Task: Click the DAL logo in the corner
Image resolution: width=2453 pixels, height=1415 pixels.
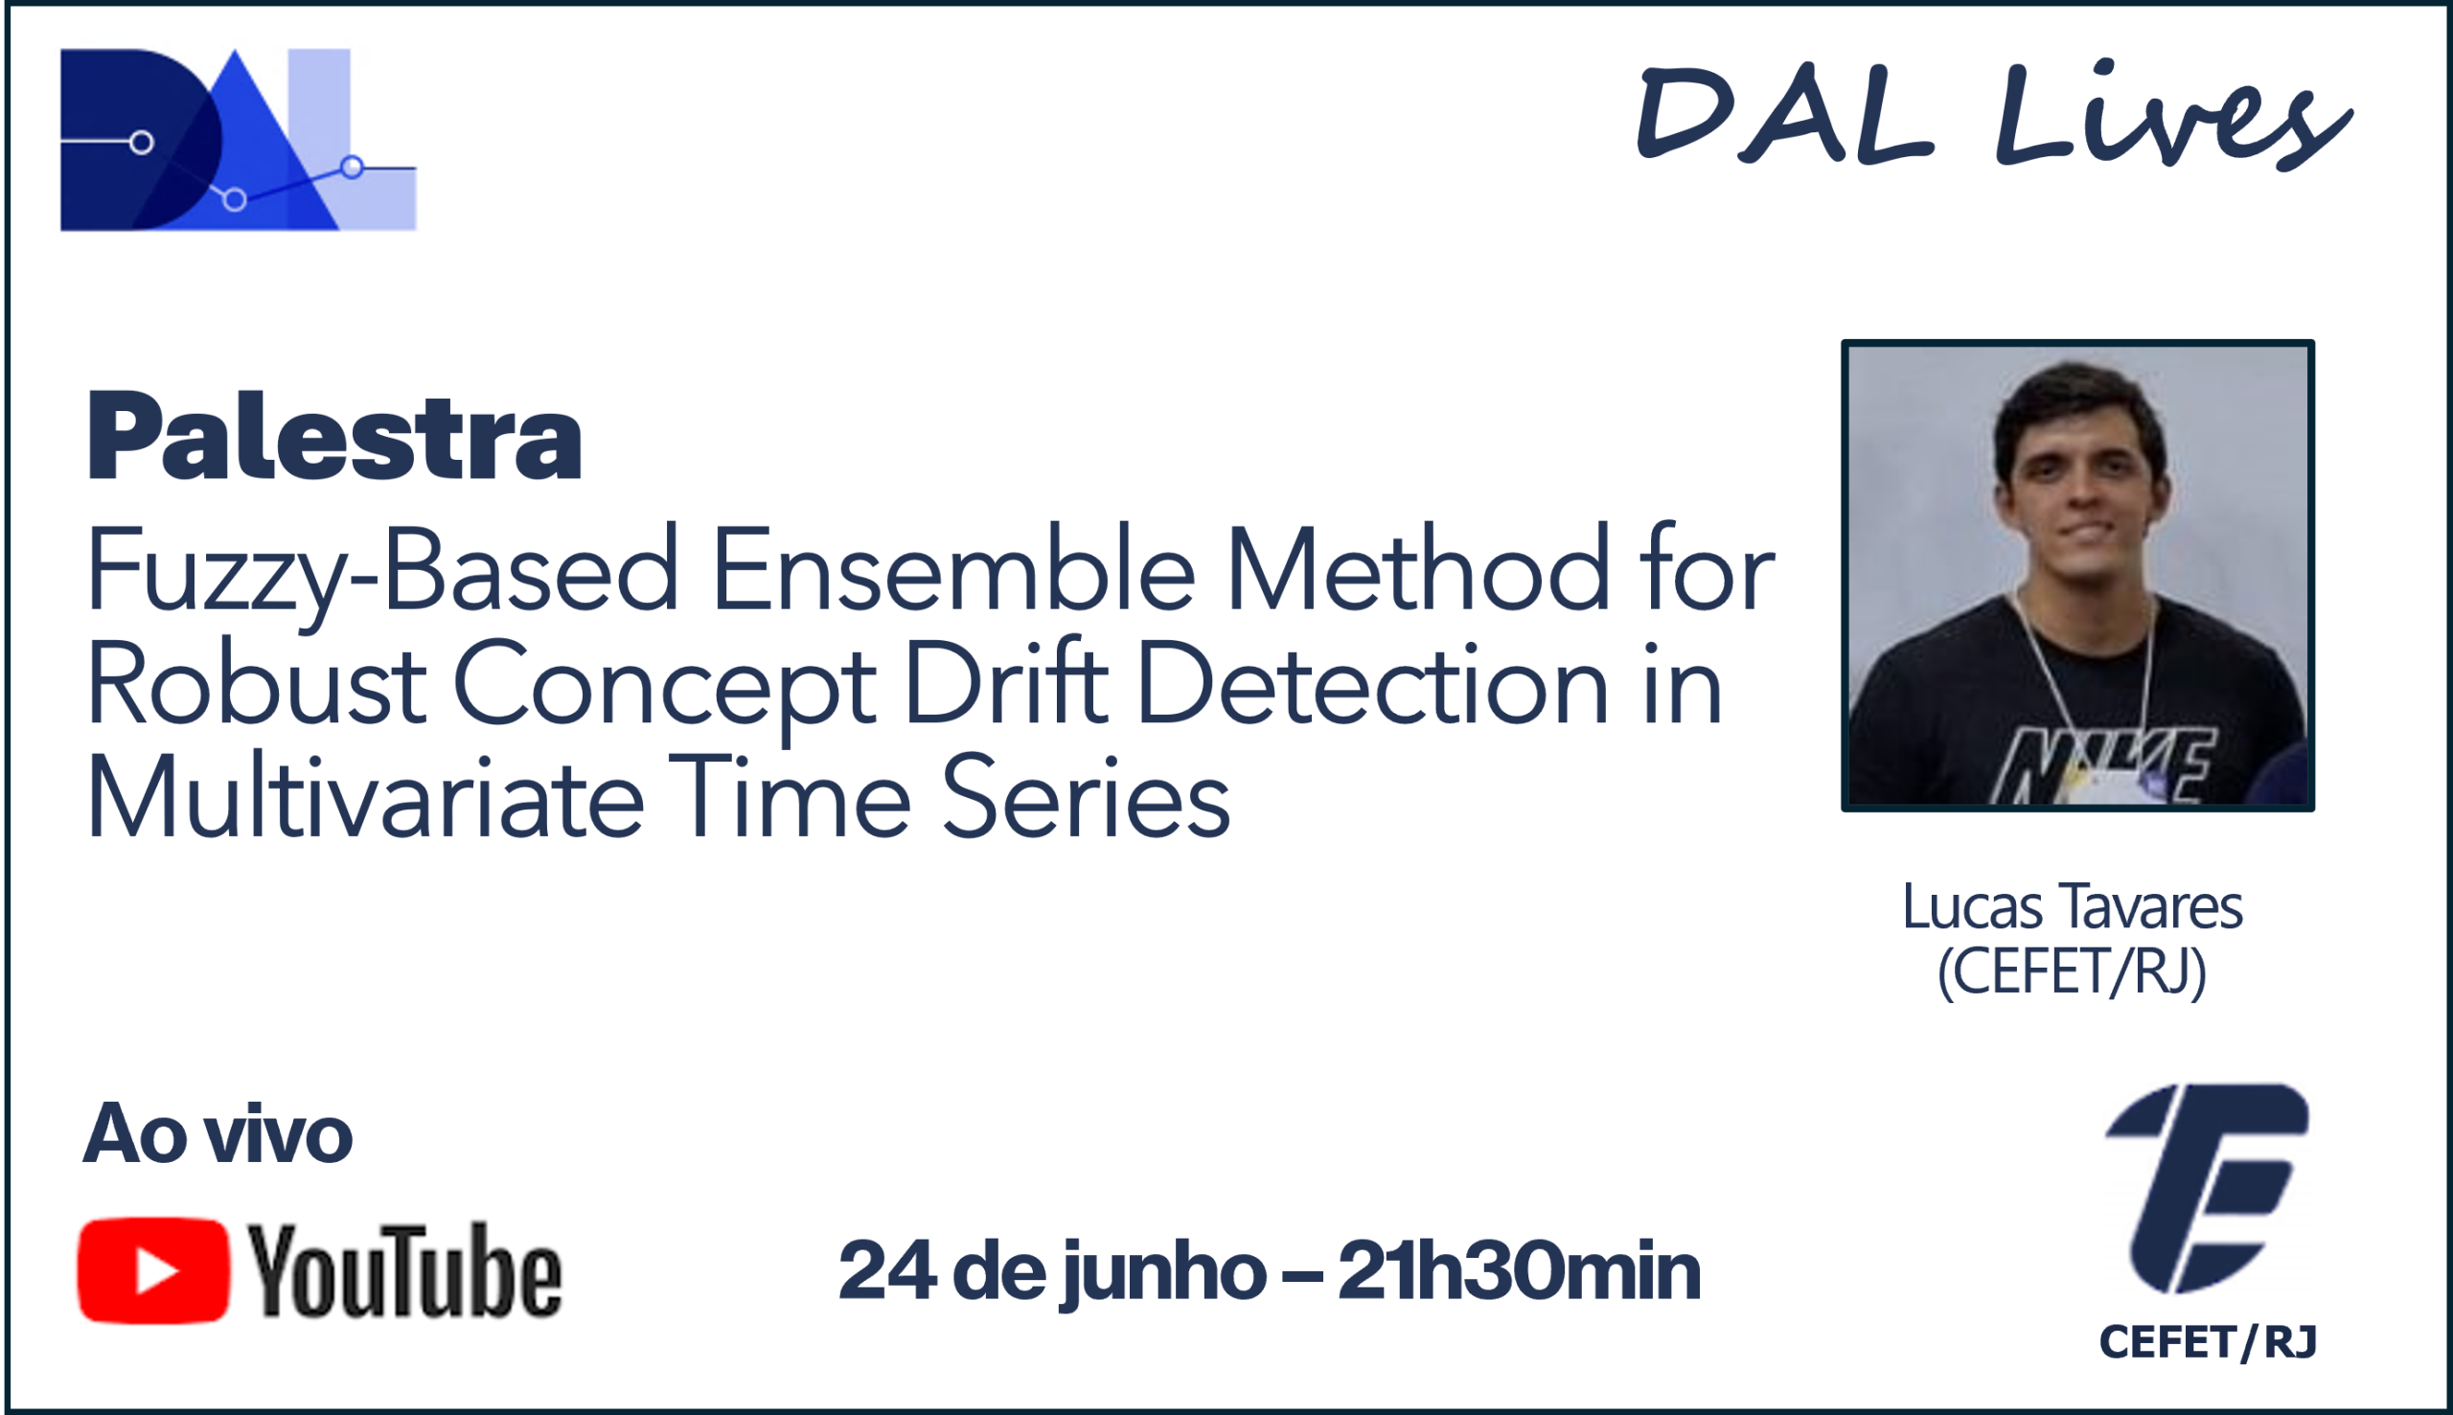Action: [x=238, y=139]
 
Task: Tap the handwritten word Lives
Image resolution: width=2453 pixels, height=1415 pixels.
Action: [x=2173, y=115]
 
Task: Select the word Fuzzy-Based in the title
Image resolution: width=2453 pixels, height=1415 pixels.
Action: [x=382, y=575]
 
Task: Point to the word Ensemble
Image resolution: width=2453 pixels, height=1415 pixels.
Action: [x=953, y=568]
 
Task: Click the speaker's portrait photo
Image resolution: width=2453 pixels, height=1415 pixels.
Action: [x=2077, y=576]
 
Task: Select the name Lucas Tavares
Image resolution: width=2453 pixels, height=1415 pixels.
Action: [x=2072, y=906]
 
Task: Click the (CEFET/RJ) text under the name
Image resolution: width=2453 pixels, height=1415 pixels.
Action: [x=2072, y=971]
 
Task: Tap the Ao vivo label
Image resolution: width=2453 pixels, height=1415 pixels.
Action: [x=218, y=1133]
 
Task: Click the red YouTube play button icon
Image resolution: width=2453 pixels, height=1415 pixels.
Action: [x=153, y=1270]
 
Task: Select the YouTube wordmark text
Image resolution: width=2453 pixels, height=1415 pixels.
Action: [x=404, y=1270]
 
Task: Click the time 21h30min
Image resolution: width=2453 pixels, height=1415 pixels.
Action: [x=1519, y=1269]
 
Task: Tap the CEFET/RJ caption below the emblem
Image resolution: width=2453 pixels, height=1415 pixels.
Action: [x=2208, y=1342]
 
